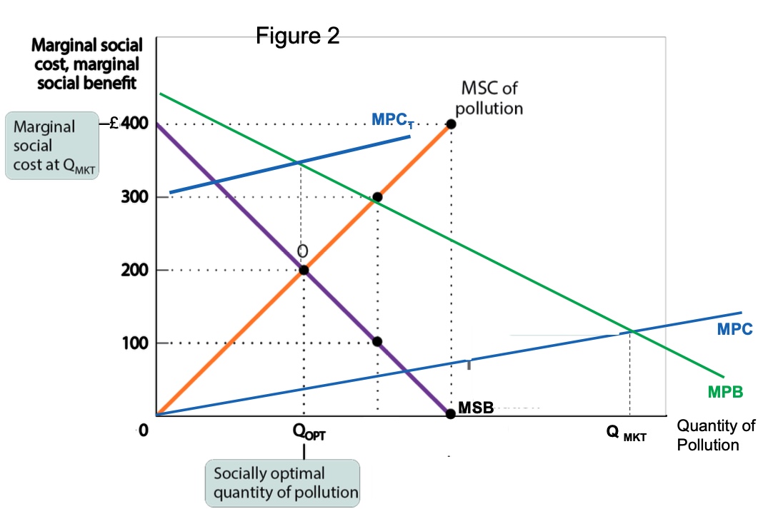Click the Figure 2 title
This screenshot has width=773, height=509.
click(x=298, y=36)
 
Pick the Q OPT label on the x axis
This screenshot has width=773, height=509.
click(x=309, y=434)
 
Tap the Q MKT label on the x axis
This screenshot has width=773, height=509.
click(x=625, y=434)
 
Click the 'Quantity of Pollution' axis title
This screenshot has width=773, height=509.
click(x=715, y=435)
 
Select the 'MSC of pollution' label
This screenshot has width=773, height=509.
click(x=489, y=99)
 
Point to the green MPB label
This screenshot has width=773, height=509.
click(x=726, y=391)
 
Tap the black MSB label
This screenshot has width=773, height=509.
click(x=476, y=408)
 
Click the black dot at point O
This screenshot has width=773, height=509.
click(x=304, y=270)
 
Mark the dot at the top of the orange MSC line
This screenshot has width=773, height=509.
click(x=451, y=124)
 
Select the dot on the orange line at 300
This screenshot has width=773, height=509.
click(x=377, y=197)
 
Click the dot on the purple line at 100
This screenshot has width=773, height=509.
click(x=377, y=342)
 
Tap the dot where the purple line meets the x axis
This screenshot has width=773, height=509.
click(x=450, y=413)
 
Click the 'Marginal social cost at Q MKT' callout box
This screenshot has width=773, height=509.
click(x=51, y=146)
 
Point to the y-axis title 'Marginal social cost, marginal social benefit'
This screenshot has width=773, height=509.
click(x=86, y=64)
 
